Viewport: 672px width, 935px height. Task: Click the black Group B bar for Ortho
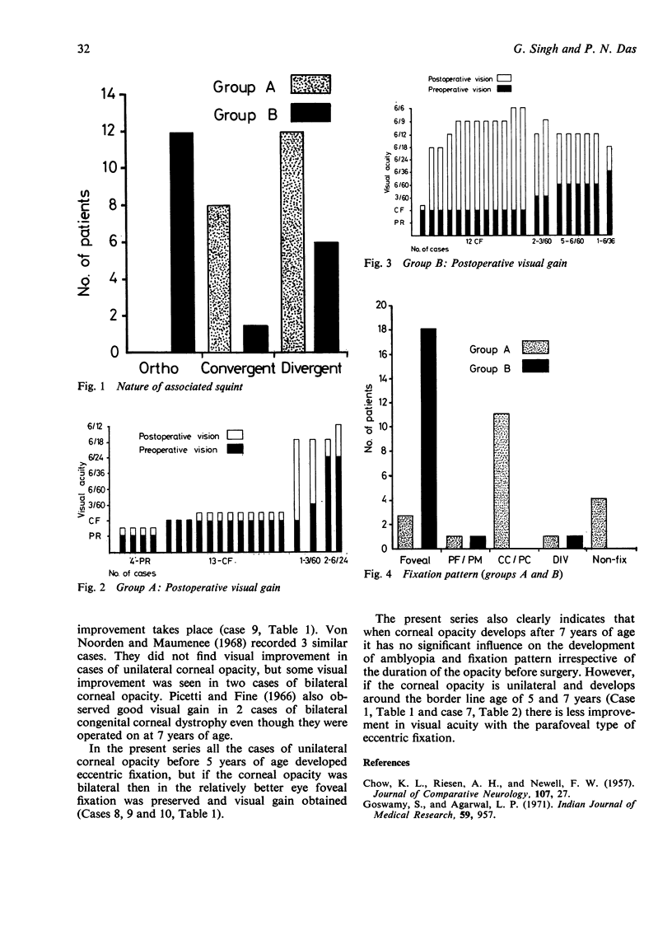(x=181, y=242)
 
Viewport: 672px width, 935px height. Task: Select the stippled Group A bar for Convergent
(x=218, y=278)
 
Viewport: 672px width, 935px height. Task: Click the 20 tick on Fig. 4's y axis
(x=381, y=305)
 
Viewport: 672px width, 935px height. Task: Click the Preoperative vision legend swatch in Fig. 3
(x=504, y=89)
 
